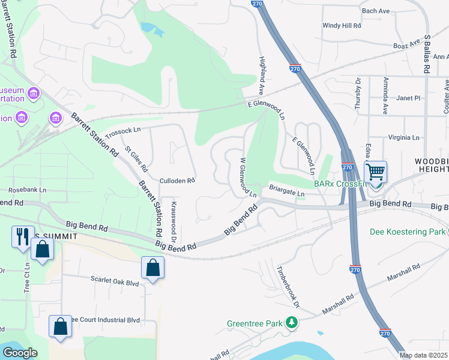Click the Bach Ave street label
point(376,11)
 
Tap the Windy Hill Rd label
point(342,26)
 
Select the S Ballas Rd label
point(427,53)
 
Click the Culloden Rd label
point(178,180)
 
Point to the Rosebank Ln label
point(25,190)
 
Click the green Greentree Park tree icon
point(292,323)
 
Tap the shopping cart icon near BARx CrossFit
point(375,172)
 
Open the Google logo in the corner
point(20,352)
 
